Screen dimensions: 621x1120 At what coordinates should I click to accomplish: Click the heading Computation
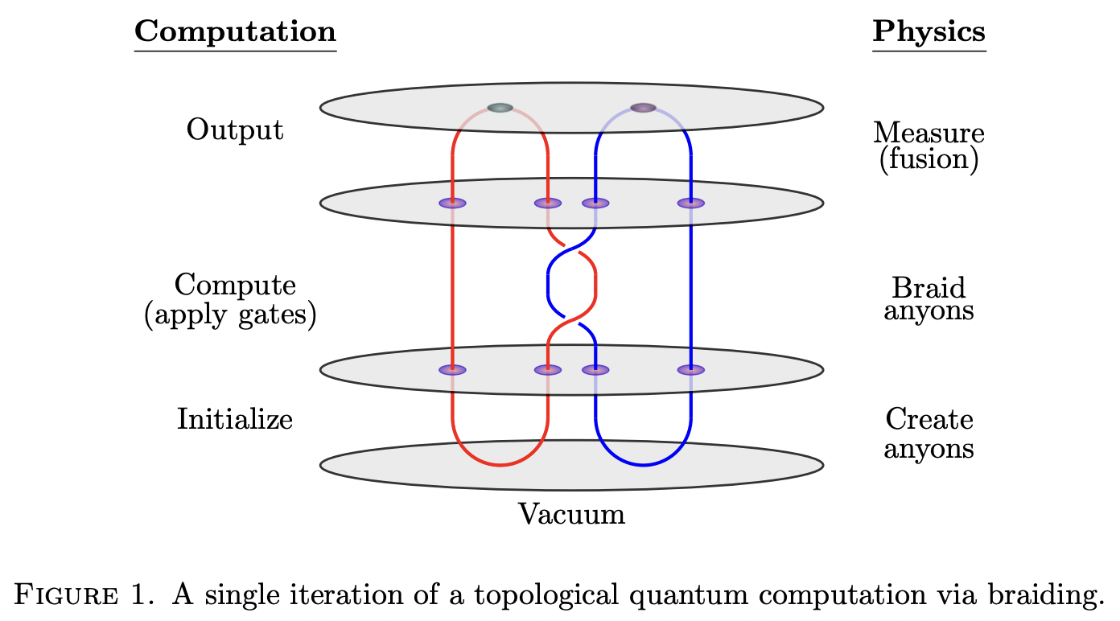pyautogui.click(x=235, y=31)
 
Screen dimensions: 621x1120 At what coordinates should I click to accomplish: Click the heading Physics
pyautogui.click(x=929, y=31)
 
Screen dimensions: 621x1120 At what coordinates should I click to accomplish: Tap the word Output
pyautogui.click(x=235, y=130)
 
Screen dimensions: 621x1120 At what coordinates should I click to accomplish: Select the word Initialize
pyautogui.click(x=235, y=419)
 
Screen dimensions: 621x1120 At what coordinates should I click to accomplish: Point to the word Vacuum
pyautogui.click(x=571, y=514)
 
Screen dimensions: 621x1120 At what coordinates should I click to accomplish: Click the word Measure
pyautogui.click(x=929, y=133)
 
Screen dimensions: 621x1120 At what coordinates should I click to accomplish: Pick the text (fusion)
pyautogui.click(x=929, y=159)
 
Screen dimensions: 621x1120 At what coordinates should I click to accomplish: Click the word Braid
pyautogui.click(x=929, y=287)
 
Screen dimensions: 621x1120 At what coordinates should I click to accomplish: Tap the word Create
pyautogui.click(x=929, y=419)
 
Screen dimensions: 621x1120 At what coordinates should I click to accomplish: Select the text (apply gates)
pyautogui.click(x=230, y=315)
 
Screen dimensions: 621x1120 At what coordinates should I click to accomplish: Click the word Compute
pyautogui.click(x=235, y=286)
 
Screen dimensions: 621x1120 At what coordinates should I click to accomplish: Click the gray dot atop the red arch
pyautogui.click(x=500, y=108)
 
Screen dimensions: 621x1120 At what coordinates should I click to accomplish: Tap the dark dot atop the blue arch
pyautogui.click(x=643, y=108)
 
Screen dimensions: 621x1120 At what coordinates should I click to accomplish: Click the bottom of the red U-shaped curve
pyautogui.click(x=500, y=465)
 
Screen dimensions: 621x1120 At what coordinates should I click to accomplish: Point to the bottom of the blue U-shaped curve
pyautogui.click(x=643, y=465)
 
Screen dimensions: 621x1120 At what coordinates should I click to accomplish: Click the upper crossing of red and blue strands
pyautogui.click(x=571, y=245)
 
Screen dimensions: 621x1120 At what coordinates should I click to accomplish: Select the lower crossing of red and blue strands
pyautogui.click(x=571, y=321)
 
